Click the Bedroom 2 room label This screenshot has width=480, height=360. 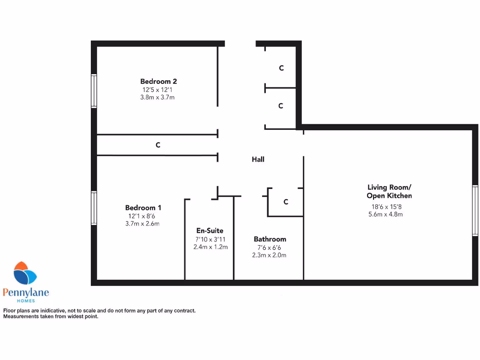tap(158, 81)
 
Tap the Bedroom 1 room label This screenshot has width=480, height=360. tap(143, 208)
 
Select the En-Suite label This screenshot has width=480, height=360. tap(210, 231)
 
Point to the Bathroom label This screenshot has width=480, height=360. tap(270, 239)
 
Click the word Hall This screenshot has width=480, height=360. tap(258, 159)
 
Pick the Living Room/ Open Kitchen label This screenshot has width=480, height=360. tap(389, 191)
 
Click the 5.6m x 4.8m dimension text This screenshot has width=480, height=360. tap(386, 214)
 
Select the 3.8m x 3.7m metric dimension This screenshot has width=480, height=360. tap(157, 97)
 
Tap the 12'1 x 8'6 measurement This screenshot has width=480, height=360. tap(142, 216)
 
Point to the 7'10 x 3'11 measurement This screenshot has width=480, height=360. tap(210, 239)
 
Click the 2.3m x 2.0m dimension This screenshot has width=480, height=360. tap(269, 255)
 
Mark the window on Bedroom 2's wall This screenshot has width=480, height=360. tap(94, 91)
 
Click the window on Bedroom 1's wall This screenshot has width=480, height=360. tap(94, 208)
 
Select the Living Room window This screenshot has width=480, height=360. tap(475, 210)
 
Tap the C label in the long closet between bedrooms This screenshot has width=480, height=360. tap(158, 145)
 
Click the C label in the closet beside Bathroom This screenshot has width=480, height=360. tap(285, 202)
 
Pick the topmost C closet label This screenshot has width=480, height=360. tap(281, 68)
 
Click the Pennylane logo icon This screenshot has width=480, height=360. tap(25, 274)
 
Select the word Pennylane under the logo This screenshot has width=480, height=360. tap(26, 293)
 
